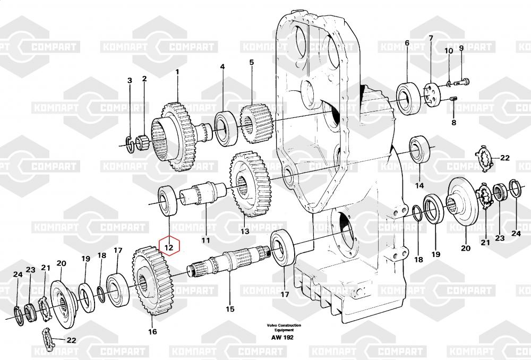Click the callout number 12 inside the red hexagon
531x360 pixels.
point(169,247)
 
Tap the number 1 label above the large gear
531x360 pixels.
point(177,72)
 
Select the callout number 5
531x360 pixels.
point(251,62)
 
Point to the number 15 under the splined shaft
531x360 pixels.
point(230,309)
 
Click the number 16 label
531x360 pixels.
point(152,331)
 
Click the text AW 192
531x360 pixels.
point(282,337)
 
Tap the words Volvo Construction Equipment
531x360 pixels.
point(284,328)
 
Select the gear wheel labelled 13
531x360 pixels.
point(250,184)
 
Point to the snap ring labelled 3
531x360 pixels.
point(130,144)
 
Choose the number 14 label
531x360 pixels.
point(419,186)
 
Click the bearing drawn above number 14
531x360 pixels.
point(420,149)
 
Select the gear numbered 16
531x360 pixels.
point(153,281)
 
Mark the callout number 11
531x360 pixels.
point(205,241)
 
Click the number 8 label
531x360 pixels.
point(454,123)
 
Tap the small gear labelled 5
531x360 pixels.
point(256,123)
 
